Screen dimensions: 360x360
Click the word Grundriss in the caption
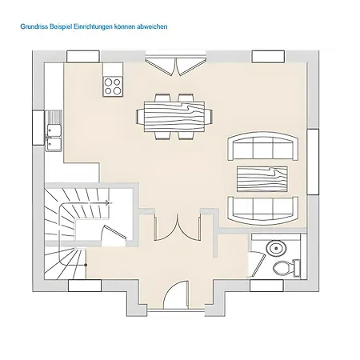click(33, 26)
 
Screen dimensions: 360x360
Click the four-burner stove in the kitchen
click(113, 86)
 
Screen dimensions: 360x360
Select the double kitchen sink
click(54, 130)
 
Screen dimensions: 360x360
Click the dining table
click(174, 117)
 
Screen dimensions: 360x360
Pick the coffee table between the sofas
click(262, 179)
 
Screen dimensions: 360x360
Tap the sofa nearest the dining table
click(263, 146)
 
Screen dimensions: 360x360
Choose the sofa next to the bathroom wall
click(263, 210)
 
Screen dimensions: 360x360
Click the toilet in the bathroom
click(287, 268)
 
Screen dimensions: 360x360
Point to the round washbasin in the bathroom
click(276, 248)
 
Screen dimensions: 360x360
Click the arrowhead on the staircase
click(107, 203)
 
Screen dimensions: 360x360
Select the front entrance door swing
click(176, 294)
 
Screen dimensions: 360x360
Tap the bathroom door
click(257, 264)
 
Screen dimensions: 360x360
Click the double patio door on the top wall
click(176, 66)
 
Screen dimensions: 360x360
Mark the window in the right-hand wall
click(313, 162)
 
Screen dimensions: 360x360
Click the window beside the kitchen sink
click(38, 127)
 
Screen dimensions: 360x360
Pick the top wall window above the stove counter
click(83, 56)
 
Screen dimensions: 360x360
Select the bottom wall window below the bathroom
click(266, 286)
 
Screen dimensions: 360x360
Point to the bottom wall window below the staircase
click(85, 286)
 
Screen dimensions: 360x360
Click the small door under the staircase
click(114, 234)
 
